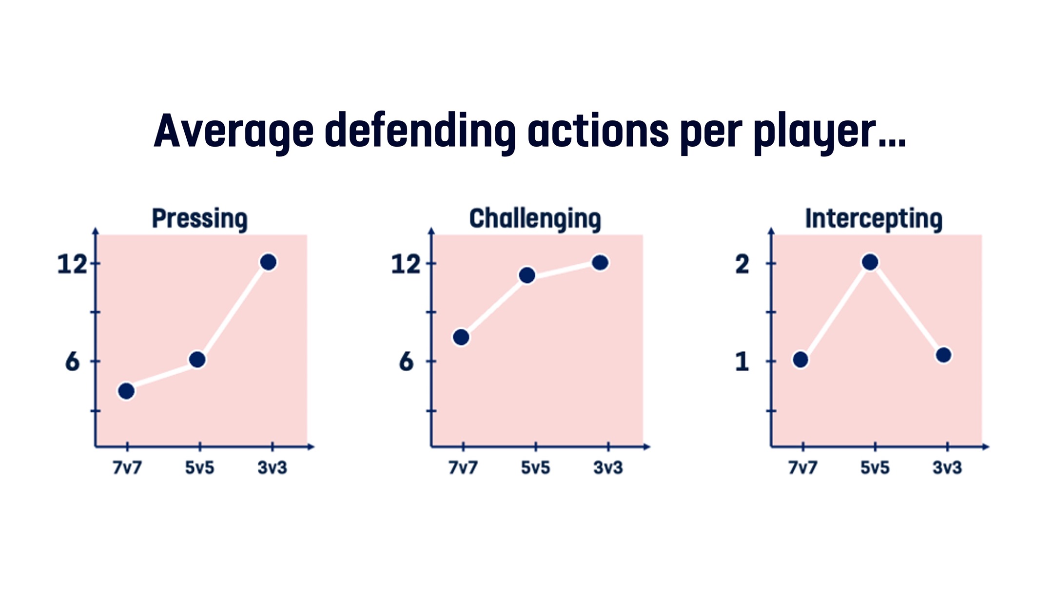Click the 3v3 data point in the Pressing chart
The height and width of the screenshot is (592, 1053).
click(269, 262)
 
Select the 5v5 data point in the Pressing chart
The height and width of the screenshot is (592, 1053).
click(197, 360)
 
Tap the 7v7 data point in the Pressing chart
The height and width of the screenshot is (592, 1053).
click(126, 391)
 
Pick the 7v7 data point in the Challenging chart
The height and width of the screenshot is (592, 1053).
click(461, 337)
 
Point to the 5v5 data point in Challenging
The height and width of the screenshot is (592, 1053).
click(527, 275)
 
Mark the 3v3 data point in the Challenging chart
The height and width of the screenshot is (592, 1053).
click(600, 263)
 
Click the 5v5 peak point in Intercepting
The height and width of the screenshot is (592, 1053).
click(870, 262)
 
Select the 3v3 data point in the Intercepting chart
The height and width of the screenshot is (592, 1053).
click(944, 355)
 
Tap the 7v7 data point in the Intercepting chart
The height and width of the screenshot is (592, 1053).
click(800, 360)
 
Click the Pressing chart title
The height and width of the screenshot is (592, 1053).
click(200, 219)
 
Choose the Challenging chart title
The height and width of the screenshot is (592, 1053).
click(535, 219)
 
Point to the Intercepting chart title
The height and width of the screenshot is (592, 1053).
click(874, 219)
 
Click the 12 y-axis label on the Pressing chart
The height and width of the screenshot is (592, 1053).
click(72, 265)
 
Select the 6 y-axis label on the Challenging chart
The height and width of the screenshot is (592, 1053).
click(406, 362)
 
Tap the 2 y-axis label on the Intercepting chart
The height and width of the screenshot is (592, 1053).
click(742, 265)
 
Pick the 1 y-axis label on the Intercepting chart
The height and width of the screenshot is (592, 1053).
click(742, 362)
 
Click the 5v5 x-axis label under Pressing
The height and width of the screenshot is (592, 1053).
click(199, 468)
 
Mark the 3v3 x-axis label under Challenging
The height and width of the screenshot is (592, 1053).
click(608, 468)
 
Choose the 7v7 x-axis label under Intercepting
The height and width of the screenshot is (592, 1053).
click(803, 468)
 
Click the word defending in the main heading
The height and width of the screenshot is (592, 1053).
click(420, 131)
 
